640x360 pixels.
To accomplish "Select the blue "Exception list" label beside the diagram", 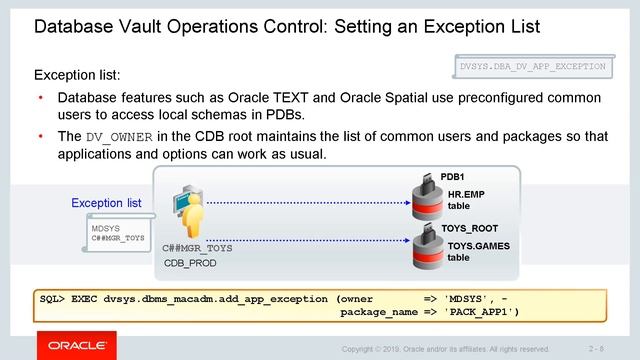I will [x=106, y=203].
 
